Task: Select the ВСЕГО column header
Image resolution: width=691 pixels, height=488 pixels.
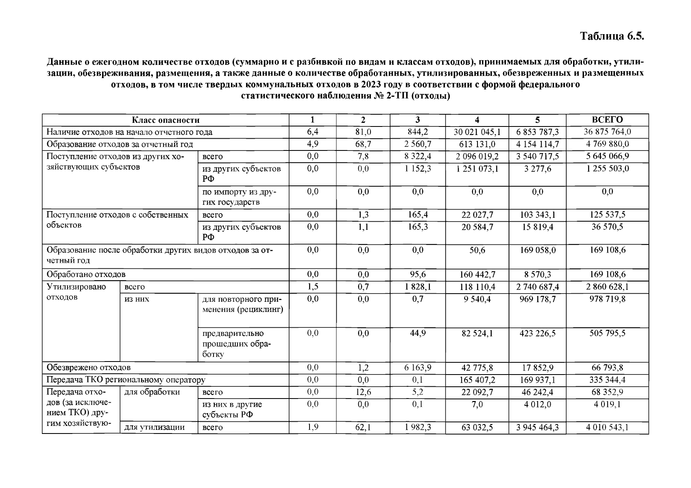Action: click(x=607, y=120)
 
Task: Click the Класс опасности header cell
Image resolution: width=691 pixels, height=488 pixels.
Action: click(x=166, y=120)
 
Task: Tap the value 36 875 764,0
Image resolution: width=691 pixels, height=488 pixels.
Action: click(x=607, y=132)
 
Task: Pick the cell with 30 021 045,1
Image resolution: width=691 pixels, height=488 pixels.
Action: click(x=477, y=132)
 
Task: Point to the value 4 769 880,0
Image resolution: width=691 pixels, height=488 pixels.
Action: click(x=607, y=144)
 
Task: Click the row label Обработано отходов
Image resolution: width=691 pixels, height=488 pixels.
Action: click(x=86, y=274)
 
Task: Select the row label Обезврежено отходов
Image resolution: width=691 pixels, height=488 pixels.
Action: click(x=88, y=368)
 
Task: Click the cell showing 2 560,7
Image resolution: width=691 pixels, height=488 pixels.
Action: click(x=418, y=144)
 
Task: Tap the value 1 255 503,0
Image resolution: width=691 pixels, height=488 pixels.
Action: click(x=607, y=168)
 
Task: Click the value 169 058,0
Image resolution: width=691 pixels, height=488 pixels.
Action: click(x=537, y=250)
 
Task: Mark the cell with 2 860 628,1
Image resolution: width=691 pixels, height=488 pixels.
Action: click(x=607, y=287)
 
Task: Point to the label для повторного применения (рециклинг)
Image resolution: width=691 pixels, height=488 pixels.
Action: click(x=242, y=304)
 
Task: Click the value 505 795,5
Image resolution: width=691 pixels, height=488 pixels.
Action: click(x=607, y=333)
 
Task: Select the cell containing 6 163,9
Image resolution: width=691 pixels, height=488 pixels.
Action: click(x=418, y=368)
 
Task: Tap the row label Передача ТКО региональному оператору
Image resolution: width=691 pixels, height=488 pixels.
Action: click(x=126, y=380)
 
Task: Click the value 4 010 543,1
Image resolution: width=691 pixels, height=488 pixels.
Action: click(x=607, y=427)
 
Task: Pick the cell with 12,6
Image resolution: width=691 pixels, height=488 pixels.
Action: click(x=363, y=392)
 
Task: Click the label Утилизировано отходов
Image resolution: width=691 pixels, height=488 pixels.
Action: click(x=76, y=292)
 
